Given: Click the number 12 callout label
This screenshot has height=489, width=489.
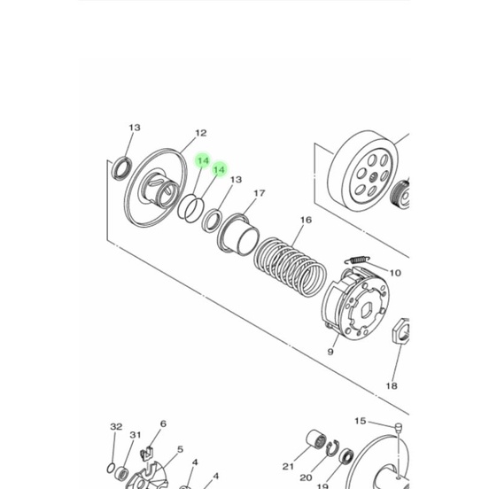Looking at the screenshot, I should click(x=200, y=134).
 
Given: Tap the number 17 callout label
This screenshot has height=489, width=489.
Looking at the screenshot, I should click(x=260, y=193).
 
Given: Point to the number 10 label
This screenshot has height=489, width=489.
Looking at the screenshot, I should click(x=395, y=274).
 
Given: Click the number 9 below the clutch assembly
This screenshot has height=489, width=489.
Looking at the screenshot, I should click(x=330, y=352).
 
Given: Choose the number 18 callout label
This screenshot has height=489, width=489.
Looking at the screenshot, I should click(x=392, y=386).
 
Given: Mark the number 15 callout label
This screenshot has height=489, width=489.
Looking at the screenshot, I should click(x=360, y=421).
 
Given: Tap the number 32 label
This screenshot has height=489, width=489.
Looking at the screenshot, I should click(x=116, y=427).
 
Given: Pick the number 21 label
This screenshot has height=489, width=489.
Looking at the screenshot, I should click(x=288, y=467).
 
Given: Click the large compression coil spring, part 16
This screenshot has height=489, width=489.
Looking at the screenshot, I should click(x=289, y=262).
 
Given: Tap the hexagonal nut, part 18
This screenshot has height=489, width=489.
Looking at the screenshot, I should click(x=400, y=331).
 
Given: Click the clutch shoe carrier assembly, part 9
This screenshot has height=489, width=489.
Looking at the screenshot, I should click(x=354, y=307).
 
